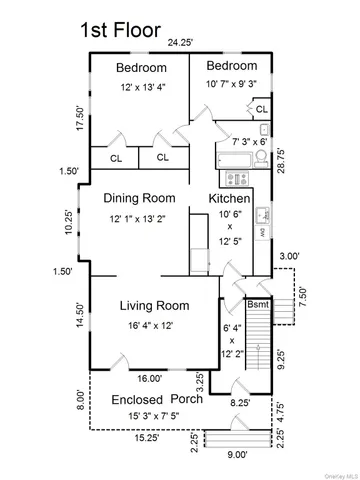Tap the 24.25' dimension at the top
(181, 43)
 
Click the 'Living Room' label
(155, 305)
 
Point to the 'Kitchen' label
(229, 199)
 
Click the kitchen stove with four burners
(237, 178)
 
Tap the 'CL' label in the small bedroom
(261, 108)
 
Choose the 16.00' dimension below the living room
(150, 379)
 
